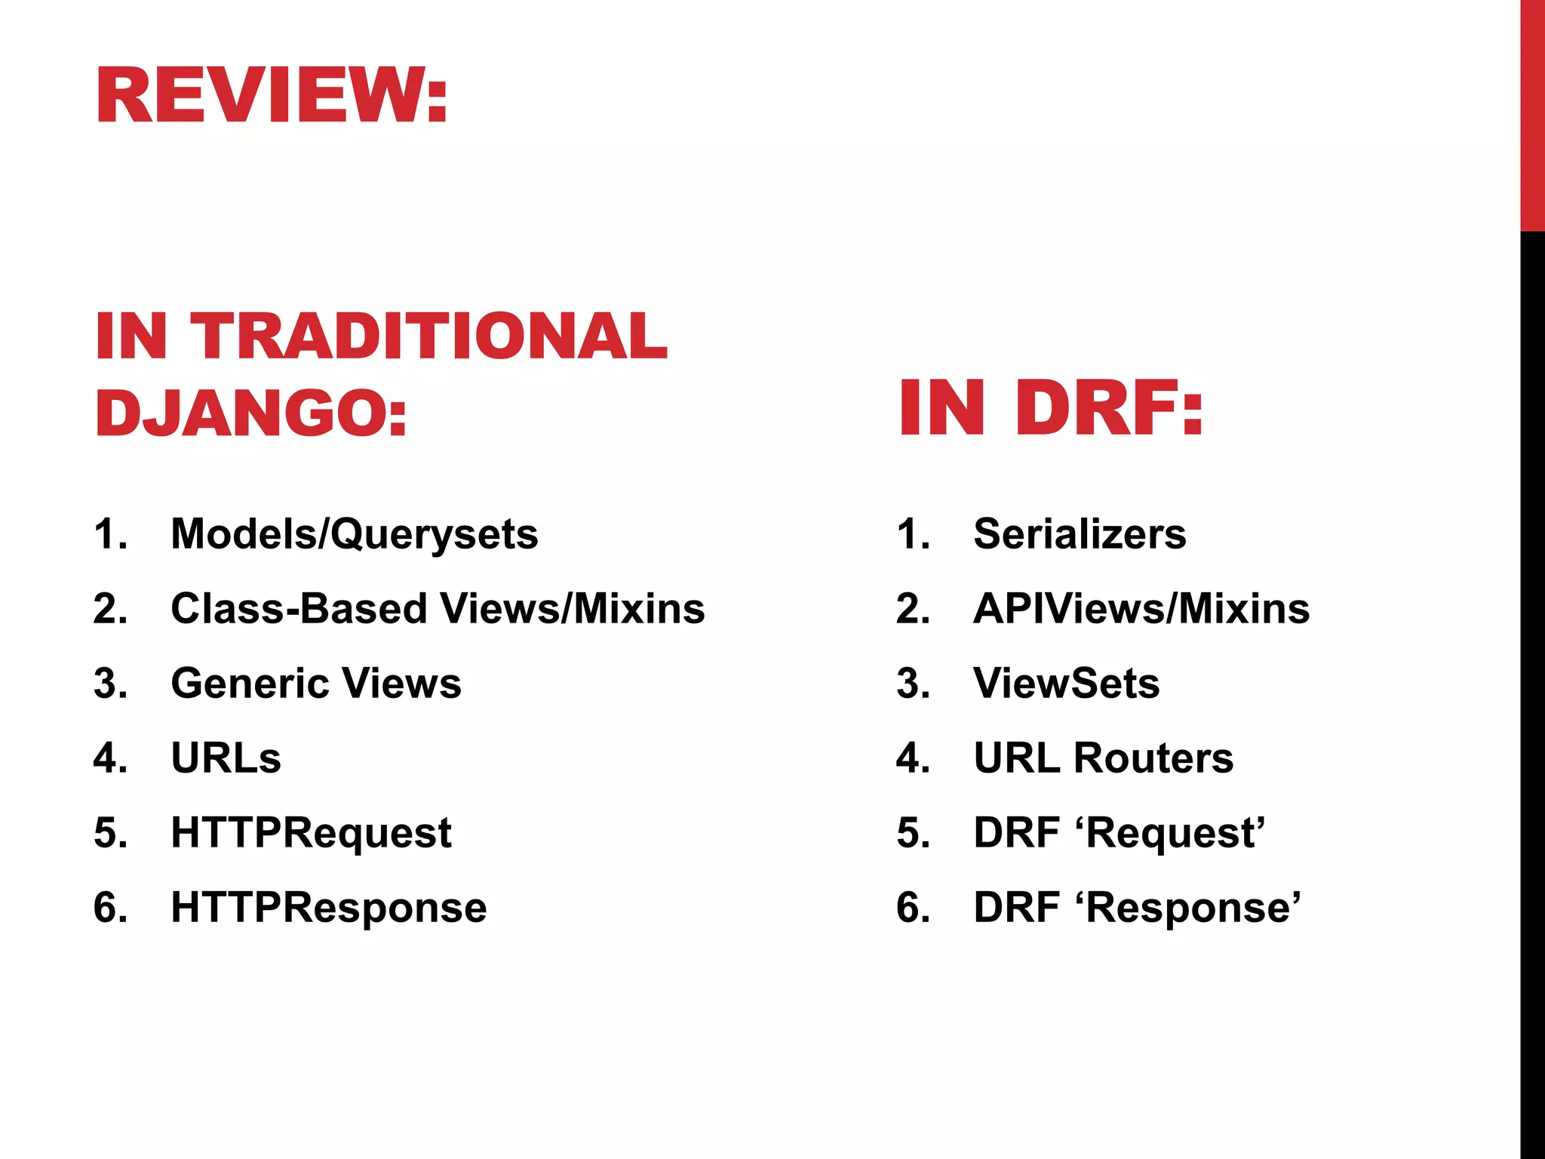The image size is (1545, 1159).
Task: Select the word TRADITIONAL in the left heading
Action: (x=428, y=336)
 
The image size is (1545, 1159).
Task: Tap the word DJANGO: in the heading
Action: (x=251, y=413)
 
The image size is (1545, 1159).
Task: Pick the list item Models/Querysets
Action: (x=354, y=533)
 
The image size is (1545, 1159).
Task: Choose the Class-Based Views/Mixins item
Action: (x=438, y=608)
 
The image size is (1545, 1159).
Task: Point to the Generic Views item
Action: (x=316, y=683)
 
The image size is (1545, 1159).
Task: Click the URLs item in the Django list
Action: (x=226, y=758)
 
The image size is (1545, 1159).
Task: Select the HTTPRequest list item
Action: (x=311, y=832)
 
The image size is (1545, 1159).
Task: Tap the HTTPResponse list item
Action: (x=329, y=907)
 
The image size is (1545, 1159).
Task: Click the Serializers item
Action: (x=1080, y=533)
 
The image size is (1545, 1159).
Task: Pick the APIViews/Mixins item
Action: (x=1141, y=608)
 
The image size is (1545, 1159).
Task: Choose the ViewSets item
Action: (x=1067, y=683)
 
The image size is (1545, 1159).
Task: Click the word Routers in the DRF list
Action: (x=1153, y=758)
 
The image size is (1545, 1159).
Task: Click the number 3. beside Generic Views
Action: (x=110, y=683)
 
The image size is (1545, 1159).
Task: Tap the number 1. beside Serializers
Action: (x=913, y=533)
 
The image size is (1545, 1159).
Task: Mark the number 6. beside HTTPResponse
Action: (x=110, y=907)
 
